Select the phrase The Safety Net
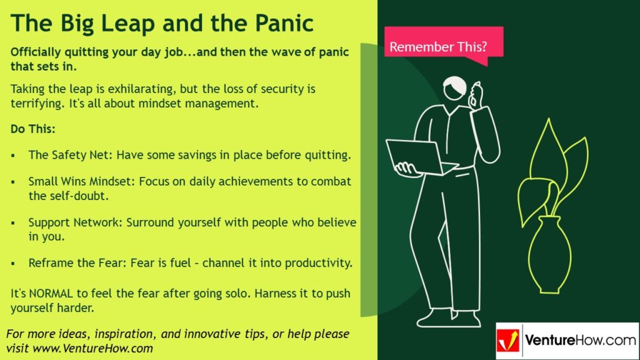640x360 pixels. (64, 155)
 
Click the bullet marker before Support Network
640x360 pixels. (13, 223)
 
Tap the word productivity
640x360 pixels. (318, 263)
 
